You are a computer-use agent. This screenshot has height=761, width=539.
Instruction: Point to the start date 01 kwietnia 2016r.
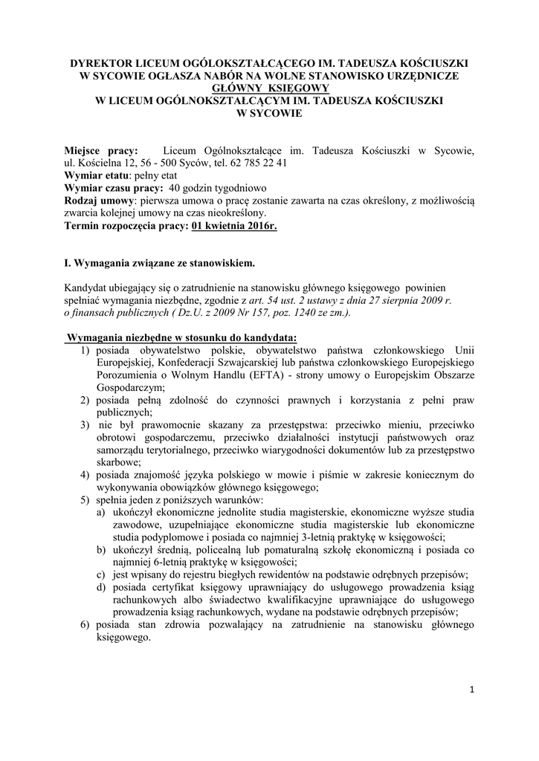click(x=233, y=225)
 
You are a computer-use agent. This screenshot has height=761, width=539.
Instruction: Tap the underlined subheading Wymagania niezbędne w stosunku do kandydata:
click(x=182, y=338)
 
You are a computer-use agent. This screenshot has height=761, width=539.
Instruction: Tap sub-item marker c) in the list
click(x=100, y=575)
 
